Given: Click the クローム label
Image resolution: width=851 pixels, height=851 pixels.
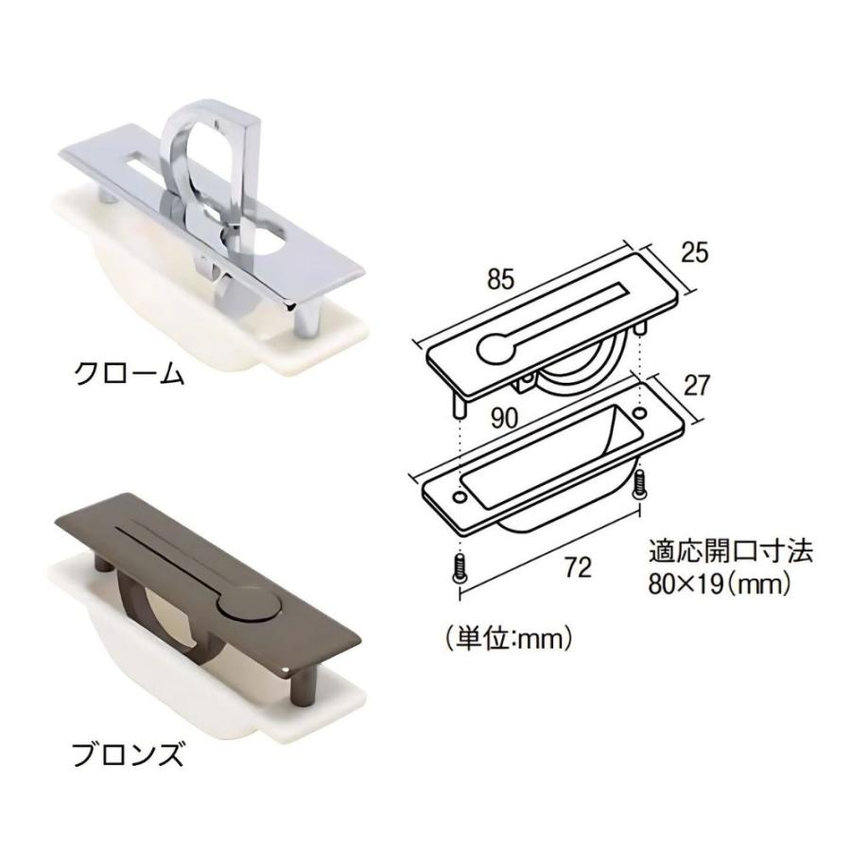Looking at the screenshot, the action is pyautogui.click(x=130, y=373).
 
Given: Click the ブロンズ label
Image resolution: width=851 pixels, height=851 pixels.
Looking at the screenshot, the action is pyautogui.click(x=128, y=754).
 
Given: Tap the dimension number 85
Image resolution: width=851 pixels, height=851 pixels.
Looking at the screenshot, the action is pyautogui.click(x=500, y=280).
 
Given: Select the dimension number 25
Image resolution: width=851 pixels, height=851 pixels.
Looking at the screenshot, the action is pyautogui.click(x=695, y=252).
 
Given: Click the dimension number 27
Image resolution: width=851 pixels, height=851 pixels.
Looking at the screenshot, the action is pyautogui.click(x=696, y=386).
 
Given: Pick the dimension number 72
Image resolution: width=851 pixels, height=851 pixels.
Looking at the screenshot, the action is pyautogui.click(x=578, y=567).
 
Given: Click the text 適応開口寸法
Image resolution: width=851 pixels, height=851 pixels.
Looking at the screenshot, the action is pyautogui.click(x=731, y=552).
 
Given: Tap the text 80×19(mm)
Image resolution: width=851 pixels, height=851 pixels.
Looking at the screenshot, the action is pyautogui.click(x=720, y=586).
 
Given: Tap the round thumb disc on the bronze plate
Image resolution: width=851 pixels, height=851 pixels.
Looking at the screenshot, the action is pyautogui.click(x=251, y=601).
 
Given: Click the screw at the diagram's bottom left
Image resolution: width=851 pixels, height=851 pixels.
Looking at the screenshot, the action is pyautogui.click(x=460, y=566).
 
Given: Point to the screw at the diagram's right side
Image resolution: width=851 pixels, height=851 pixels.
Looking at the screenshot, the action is pyautogui.click(x=640, y=481).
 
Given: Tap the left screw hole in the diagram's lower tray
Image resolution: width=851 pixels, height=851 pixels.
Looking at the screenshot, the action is pyautogui.click(x=460, y=496).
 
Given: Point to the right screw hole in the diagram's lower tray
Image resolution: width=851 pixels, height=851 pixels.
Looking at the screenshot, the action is pyautogui.click(x=640, y=413).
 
